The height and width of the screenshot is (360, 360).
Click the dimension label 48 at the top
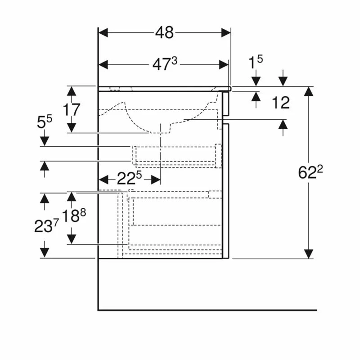click(x=165, y=32)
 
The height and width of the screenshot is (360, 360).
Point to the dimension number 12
click(x=281, y=103)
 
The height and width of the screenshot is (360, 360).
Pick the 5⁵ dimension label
click(x=44, y=122)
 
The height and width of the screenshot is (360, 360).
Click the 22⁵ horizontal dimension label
click(x=129, y=179)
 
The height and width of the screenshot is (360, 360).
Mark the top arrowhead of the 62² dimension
click(x=308, y=91)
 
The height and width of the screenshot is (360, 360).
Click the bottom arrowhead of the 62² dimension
click(x=308, y=254)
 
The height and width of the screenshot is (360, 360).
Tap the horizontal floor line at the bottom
click(x=207, y=310)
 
